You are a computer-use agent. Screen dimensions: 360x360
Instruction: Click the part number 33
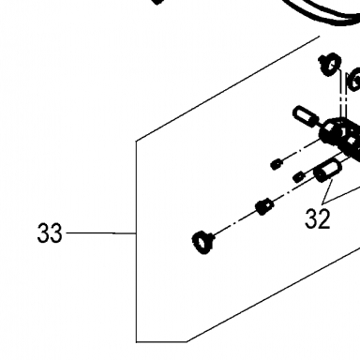click(x=50, y=233)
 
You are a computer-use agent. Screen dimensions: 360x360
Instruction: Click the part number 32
click(x=317, y=218)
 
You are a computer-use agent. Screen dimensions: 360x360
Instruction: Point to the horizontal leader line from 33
click(x=101, y=233)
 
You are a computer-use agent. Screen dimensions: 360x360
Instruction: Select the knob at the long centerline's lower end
click(x=203, y=243)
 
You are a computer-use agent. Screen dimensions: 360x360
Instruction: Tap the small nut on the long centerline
click(x=264, y=206)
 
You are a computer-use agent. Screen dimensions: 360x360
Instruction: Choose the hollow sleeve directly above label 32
click(x=327, y=170)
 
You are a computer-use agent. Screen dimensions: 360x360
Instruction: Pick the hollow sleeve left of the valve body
click(x=306, y=116)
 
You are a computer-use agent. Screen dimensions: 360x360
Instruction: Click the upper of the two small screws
click(x=276, y=164)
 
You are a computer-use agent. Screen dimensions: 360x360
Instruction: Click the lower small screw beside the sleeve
click(x=298, y=177)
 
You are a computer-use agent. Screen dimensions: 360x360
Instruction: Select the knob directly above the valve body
click(x=329, y=64)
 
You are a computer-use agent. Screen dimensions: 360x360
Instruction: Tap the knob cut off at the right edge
click(x=354, y=80)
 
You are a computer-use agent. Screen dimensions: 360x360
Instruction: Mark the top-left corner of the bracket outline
click(x=136, y=141)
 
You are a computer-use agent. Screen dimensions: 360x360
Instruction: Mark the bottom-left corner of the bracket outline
click(x=136, y=342)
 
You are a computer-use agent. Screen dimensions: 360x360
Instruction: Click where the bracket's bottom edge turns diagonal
click(x=187, y=341)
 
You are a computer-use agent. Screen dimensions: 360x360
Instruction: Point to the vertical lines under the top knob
click(x=343, y=96)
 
